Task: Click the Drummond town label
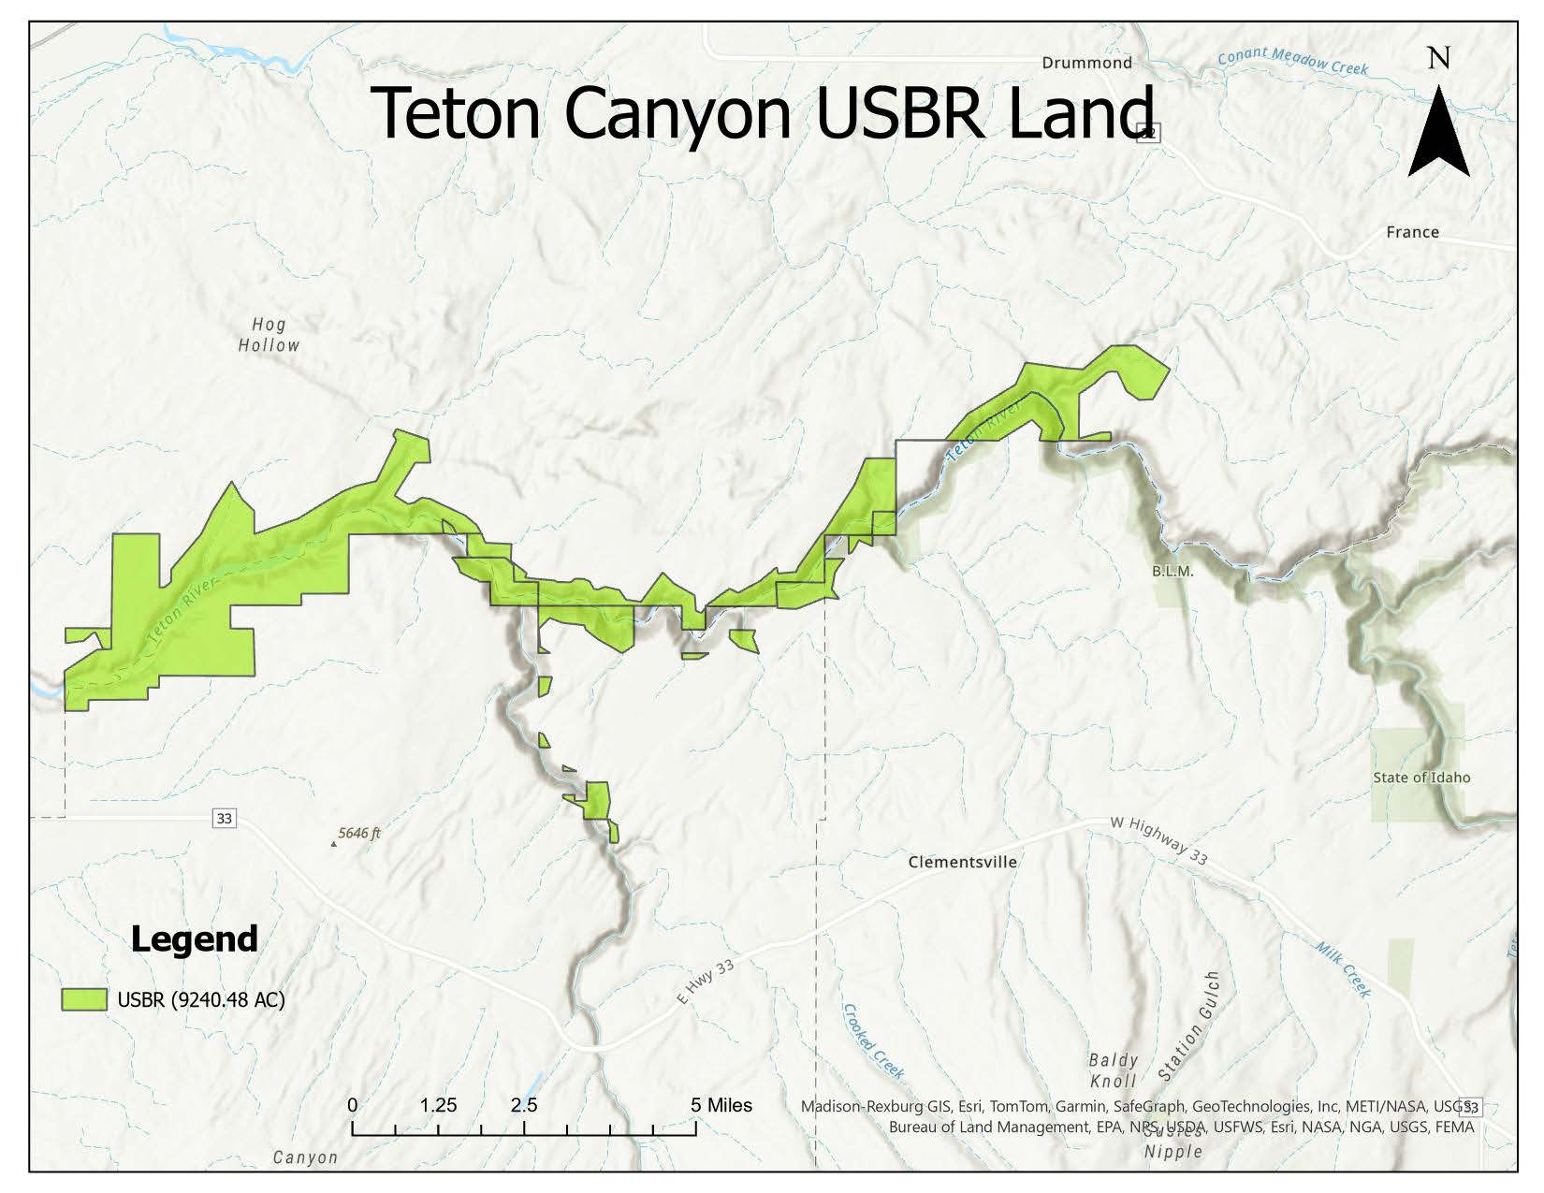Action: pos(1086,63)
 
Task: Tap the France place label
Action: pos(1412,232)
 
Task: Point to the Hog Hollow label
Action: pos(269,335)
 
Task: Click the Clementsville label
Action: pos(962,862)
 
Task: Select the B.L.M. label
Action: pos(1173,571)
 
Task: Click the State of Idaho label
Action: pos(1421,778)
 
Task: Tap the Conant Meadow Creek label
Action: pos(1292,62)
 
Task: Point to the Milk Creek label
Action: pos(1343,969)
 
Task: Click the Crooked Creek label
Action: pos(873,1040)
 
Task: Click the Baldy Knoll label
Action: pos(1113,1070)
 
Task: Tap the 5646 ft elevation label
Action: pos(359,833)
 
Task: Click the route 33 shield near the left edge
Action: pos(224,819)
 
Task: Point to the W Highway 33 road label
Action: pos(1159,839)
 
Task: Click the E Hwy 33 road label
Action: pos(706,982)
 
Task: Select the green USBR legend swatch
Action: pos(84,999)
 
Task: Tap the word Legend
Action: pos(194,938)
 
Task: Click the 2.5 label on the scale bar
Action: pos(524,1105)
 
